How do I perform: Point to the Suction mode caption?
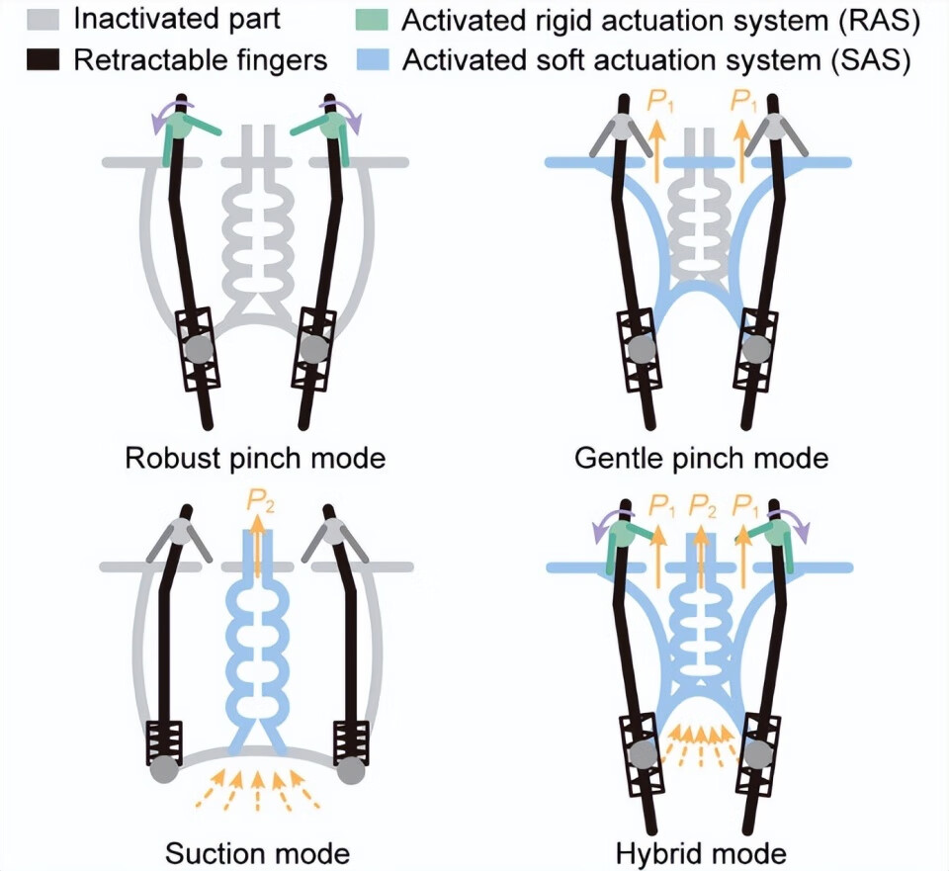pyautogui.click(x=257, y=852)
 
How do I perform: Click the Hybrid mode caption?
pyautogui.click(x=701, y=852)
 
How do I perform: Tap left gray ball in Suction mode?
pyautogui.click(x=164, y=770)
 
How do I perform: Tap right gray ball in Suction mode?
pyautogui.click(x=352, y=770)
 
